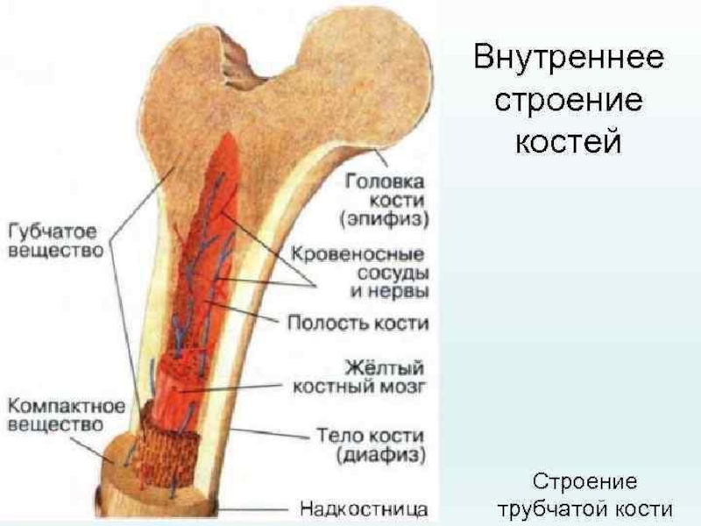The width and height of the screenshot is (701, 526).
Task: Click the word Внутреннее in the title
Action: pyautogui.click(x=569, y=60)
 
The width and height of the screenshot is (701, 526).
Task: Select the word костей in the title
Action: pyautogui.click(x=568, y=139)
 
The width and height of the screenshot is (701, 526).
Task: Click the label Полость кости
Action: pyautogui.click(x=358, y=323)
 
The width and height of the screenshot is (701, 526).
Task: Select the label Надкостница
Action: pyautogui.click(x=364, y=508)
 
